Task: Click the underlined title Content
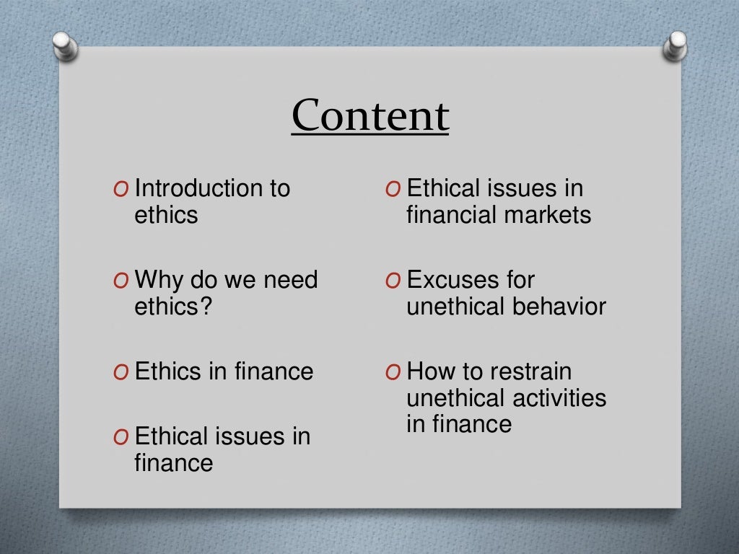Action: click(370, 116)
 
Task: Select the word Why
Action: click(159, 280)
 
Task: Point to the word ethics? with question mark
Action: click(173, 307)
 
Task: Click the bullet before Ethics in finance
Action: click(121, 373)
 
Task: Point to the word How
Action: click(431, 372)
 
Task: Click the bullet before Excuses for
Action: click(393, 281)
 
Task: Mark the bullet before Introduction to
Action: click(121, 190)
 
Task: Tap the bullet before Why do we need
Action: click(121, 281)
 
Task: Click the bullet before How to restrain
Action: click(393, 373)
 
